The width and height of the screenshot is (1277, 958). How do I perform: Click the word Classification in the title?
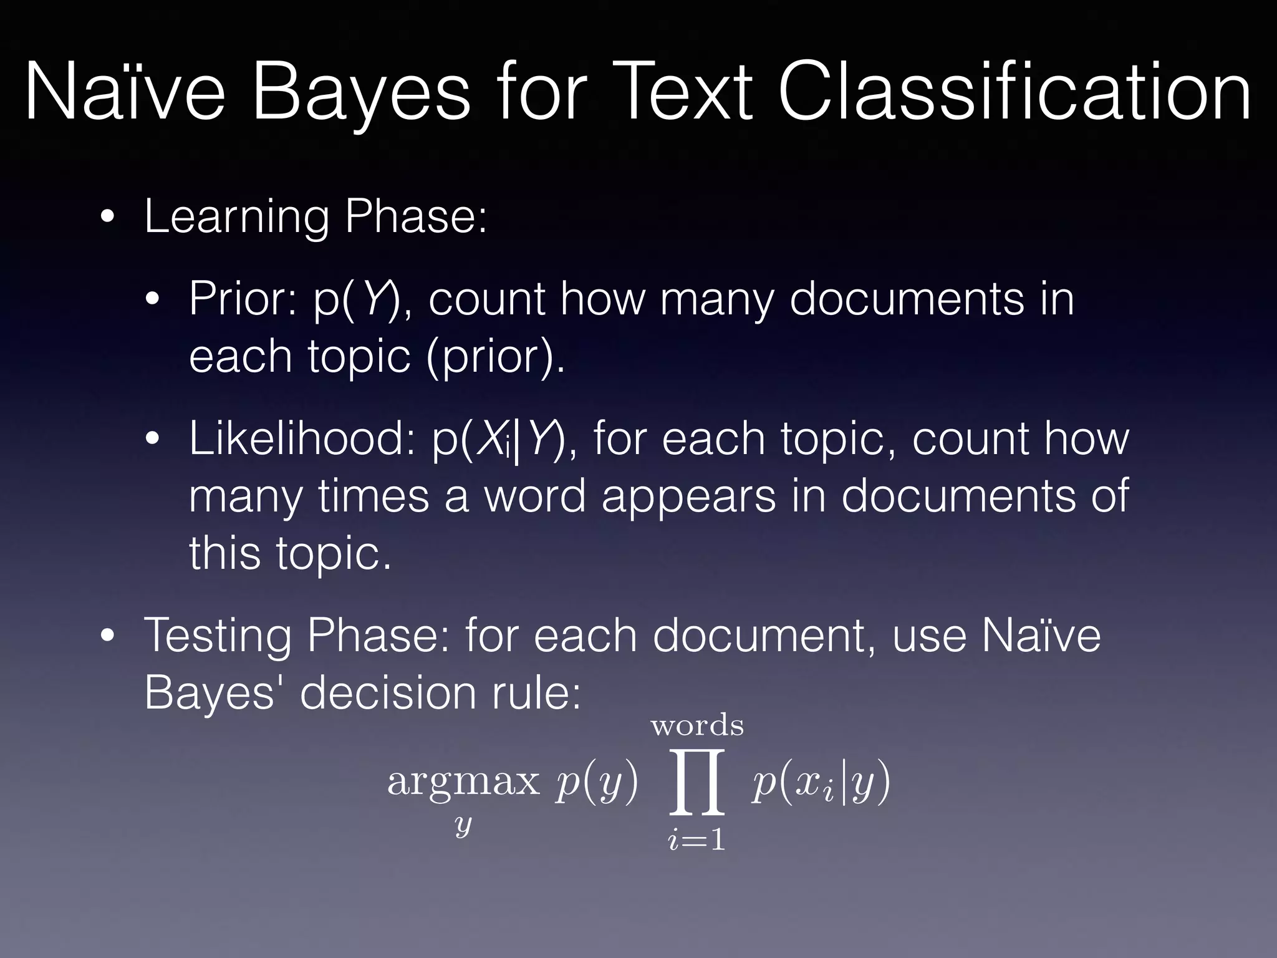pos(1014,92)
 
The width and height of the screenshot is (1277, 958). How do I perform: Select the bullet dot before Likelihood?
pos(153,439)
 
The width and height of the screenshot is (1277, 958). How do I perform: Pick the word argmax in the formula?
pos(463,781)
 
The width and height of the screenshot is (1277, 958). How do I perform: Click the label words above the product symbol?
pos(697,725)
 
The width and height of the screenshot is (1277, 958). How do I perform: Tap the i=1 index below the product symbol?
pos(696,839)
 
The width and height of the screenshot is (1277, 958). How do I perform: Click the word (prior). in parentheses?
pos(496,357)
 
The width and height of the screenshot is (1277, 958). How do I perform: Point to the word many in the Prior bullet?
pos(717,299)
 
